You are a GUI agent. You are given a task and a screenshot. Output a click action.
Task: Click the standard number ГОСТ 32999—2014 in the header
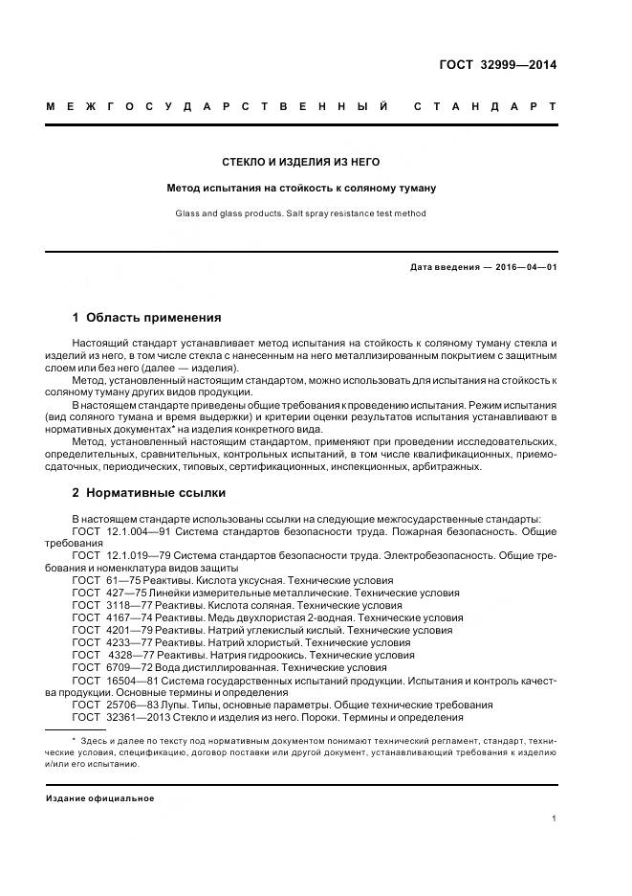[x=496, y=65]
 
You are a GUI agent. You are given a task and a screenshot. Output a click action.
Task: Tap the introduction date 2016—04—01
[x=525, y=267]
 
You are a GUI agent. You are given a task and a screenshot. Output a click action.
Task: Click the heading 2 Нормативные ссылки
[x=149, y=493]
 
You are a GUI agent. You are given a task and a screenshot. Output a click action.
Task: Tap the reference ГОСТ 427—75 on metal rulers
[x=109, y=593]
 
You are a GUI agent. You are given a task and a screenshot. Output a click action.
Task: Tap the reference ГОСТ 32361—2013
[x=120, y=717]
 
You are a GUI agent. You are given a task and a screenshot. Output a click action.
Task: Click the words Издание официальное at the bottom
[x=100, y=797]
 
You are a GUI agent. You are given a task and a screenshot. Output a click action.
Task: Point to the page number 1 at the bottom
[x=554, y=818]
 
